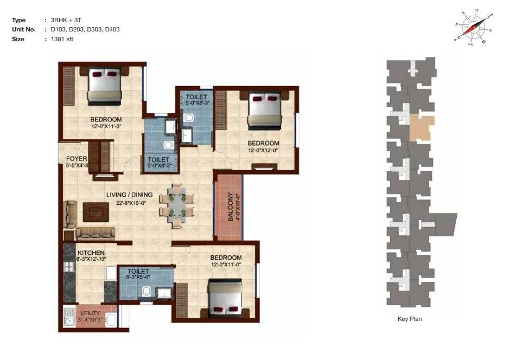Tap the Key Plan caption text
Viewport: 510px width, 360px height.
[x=410, y=319]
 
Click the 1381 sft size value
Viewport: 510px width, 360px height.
[x=62, y=39]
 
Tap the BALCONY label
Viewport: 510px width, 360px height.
[x=230, y=207]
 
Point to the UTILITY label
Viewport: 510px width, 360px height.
[x=90, y=313]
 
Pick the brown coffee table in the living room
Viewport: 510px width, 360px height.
[x=96, y=212]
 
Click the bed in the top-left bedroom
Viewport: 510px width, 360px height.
[x=104, y=85]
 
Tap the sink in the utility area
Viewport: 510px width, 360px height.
[x=69, y=320]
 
